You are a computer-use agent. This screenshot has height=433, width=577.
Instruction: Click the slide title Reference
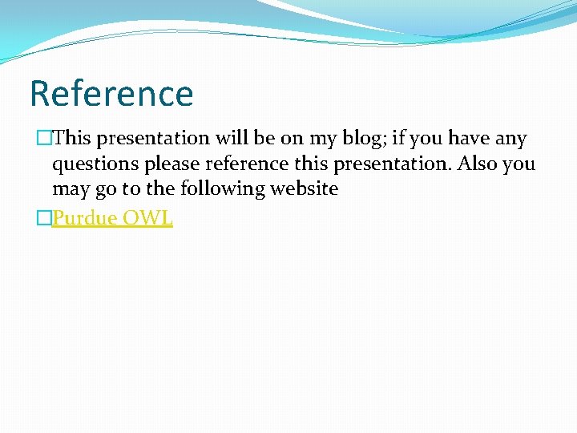tap(111, 93)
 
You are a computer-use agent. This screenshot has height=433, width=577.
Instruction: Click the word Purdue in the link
tap(83, 217)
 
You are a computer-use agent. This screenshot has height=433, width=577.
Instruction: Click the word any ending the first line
tap(510, 139)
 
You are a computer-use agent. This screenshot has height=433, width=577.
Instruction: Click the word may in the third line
tap(70, 190)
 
